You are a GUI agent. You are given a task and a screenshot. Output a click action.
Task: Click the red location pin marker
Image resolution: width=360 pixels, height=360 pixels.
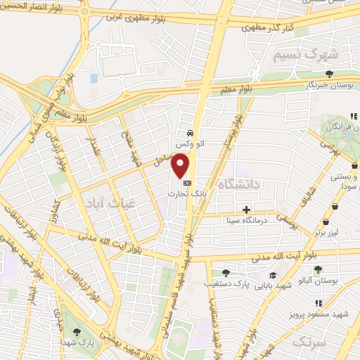tap(181, 166)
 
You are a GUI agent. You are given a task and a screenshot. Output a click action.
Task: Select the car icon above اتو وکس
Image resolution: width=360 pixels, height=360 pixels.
tap(190, 133)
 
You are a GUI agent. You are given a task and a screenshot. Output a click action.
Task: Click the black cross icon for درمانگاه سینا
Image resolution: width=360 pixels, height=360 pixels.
tap(246, 209)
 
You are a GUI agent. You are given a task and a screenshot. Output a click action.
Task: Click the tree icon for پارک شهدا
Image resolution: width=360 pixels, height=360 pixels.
tap(76, 331)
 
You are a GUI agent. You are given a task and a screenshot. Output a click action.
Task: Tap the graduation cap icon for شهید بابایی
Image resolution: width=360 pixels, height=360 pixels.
tap(271, 275)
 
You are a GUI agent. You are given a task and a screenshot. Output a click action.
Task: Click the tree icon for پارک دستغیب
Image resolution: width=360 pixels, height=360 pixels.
tap(225, 274)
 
